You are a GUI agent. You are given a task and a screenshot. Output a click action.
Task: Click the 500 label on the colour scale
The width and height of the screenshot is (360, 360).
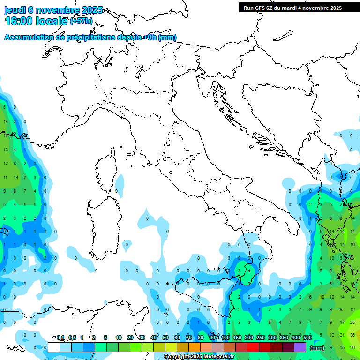pos(307,337)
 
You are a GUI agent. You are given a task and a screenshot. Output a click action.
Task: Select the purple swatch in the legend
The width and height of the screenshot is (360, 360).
pos(300,347)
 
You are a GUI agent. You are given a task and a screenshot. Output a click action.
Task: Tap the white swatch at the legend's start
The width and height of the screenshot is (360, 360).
pos(54,347)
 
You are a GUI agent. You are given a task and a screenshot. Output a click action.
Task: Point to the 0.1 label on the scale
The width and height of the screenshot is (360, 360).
pos(60,337)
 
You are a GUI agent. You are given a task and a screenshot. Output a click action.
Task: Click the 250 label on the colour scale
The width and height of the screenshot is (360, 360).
pos(260,337)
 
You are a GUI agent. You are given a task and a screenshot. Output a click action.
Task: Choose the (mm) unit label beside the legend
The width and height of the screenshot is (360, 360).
pos(317,348)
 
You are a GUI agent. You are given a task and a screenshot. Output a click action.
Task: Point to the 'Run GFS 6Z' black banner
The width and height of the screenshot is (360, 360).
pos(292,8)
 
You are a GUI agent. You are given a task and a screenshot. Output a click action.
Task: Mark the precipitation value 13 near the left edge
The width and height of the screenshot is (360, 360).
pos(6,150)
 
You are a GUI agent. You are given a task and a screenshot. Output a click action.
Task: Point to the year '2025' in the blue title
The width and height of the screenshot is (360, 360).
pos(92,10)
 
